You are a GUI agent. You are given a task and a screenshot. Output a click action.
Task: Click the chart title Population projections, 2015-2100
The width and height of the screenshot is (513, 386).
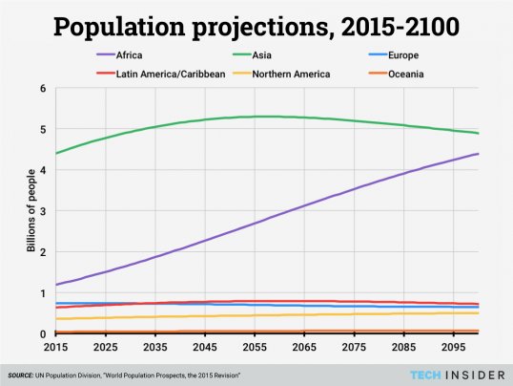(256, 27)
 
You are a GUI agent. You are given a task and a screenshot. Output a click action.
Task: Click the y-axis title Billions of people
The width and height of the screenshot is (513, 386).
(31, 211)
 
